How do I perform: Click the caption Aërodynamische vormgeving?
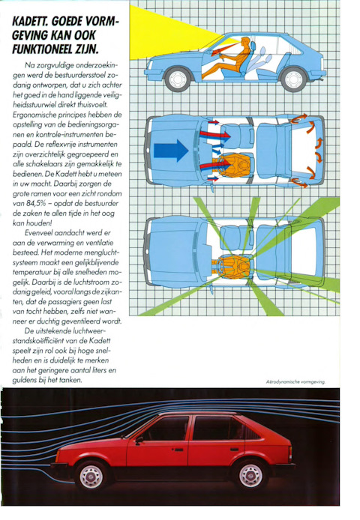pyautogui.click(x=295, y=381)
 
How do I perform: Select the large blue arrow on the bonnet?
pyautogui.click(x=171, y=151)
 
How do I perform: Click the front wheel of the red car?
pyautogui.click(x=91, y=475)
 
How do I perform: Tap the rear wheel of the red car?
pyautogui.click(x=250, y=475)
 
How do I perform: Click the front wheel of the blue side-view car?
pyautogui.click(x=178, y=79)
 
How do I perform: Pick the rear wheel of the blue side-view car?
pyautogui.click(x=293, y=79)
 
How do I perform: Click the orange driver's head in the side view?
pyautogui.click(x=244, y=42)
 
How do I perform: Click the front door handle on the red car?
pyautogui.click(x=178, y=450)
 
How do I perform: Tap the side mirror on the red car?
pyautogui.click(x=139, y=440)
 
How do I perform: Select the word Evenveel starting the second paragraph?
pyautogui.click(x=40, y=233)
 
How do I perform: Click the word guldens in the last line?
pyautogui.click(x=24, y=381)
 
